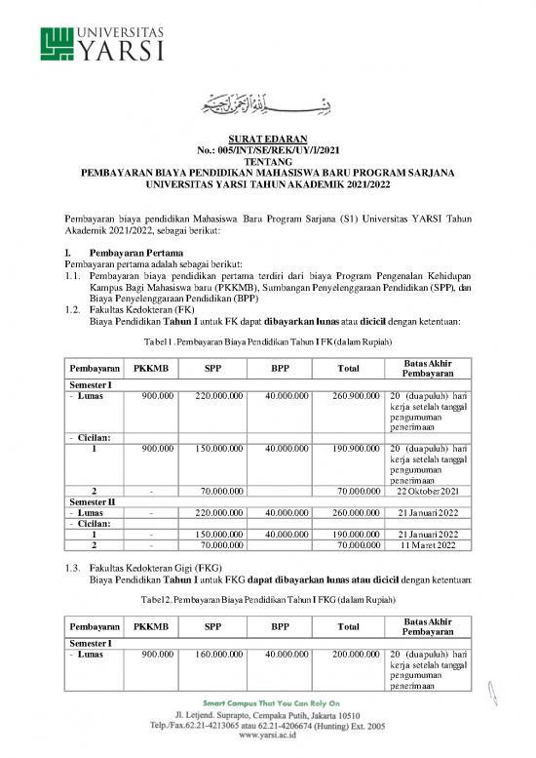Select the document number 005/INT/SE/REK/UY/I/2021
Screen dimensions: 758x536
click(267, 151)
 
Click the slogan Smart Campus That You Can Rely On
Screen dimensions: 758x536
click(267, 703)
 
